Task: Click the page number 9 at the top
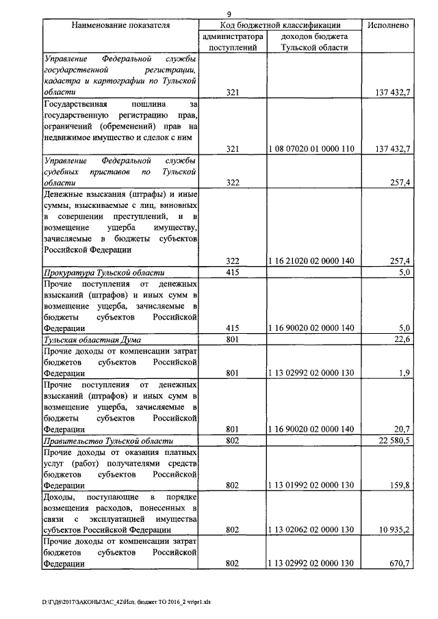point(229,12)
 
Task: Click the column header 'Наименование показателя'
point(120,25)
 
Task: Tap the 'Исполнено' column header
point(388,25)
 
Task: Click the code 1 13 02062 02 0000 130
point(311,530)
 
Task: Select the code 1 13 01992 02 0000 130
point(311,486)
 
